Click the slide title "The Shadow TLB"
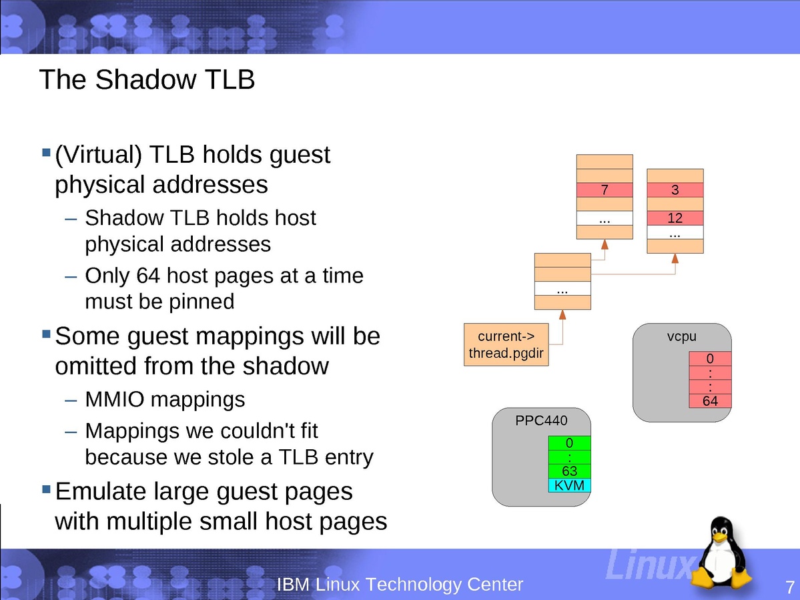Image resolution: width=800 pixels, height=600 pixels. pyautogui.click(x=147, y=80)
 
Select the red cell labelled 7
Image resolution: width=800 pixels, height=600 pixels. pyautogui.click(x=605, y=190)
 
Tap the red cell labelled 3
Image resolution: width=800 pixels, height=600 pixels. pyautogui.click(x=675, y=190)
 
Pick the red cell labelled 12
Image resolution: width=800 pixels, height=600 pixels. pyautogui.click(x=675, y=218)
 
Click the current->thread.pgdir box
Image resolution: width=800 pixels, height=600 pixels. pyautogui.click(x=507, y=344)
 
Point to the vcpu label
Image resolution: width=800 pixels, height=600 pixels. pyautogui.click(x=681, y=336)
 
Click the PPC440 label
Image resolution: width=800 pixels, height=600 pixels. pyautogui.click(x=541, y=420)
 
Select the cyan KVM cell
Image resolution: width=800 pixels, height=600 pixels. pyautogui.click(x=569, y=485)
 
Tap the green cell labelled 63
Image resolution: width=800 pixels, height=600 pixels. pyautogui.click(x=569, y=471)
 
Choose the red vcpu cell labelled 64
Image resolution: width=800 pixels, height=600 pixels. pyautogui.click(x=710, y=401)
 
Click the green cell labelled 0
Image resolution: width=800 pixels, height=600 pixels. pyautogui.click(x=569, y=443)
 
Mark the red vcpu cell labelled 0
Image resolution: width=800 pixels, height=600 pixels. pyautogui.click(x=710, y=359)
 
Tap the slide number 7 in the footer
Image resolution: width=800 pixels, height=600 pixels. pyautogui.click(x=790, y=587)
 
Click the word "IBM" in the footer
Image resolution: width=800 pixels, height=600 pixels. pyautogui.click(x=293, y=585)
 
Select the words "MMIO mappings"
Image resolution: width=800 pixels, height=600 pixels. pyautogui.click(x=165, y=400)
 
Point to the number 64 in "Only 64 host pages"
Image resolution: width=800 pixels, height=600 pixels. pyautogui.click(x=147, y=275)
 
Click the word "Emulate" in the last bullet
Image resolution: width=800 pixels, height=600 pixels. pyautogui.click(x=100, y=491)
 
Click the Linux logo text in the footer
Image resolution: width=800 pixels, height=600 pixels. pyautogui.click(x=647, y=565)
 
